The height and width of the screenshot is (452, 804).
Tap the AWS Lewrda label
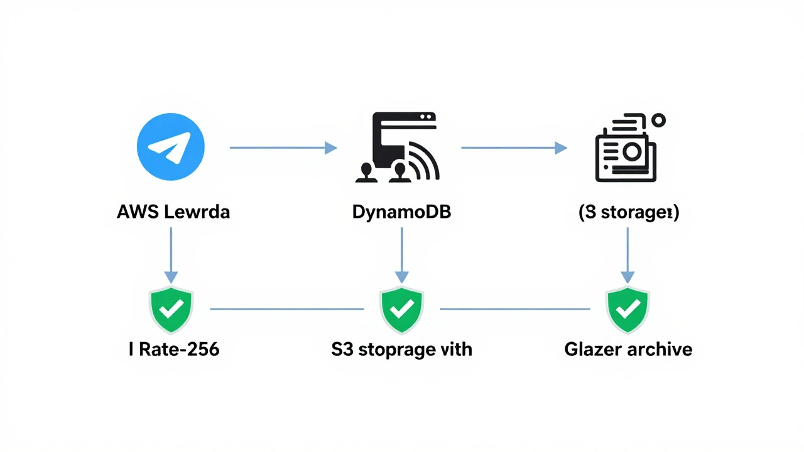pyautogui.click(x=173, y=212)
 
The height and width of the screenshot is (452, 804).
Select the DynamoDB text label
pyautogui.click(x=401, y=212)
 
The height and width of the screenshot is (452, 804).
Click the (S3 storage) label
pyautogui.click(x=628, y=212)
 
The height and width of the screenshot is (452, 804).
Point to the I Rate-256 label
pyautogui.click(x=174, y=349)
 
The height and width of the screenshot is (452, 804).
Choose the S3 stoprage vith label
pyautogui.click(x=401, y=349)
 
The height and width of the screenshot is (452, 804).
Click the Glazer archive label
pyautogui.click(x=628, y=349)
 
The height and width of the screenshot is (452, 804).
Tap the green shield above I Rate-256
pyautogui.click(x=171, y=309)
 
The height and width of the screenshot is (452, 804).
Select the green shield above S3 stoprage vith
pyautogui.click(x=402, y=309)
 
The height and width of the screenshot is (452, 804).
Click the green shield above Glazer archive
pyautogui.click(x=627, y=309)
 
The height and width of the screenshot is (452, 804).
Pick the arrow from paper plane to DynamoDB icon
pyautogui.click(x=283, y=148)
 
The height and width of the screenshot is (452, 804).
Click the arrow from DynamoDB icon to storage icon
pyautogui.click(x=513, y=148)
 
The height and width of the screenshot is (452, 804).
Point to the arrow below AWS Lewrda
pyautogui.click(x=171, y=255)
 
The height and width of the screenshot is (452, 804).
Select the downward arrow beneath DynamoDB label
pyautogui.click(x=402, y=255)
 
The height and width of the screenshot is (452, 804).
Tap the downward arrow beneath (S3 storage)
pyautogui.click(x=627, y=255)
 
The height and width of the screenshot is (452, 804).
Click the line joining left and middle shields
pyautogui.click(x=286, y=309)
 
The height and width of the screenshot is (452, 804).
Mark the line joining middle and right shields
pyautogui.click(x=515, y=309)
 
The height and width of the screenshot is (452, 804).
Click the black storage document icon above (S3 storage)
pyautogui.click(x=624, y=151)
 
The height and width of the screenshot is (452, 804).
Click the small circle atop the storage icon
pyautogui.click(x=658, y=120)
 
